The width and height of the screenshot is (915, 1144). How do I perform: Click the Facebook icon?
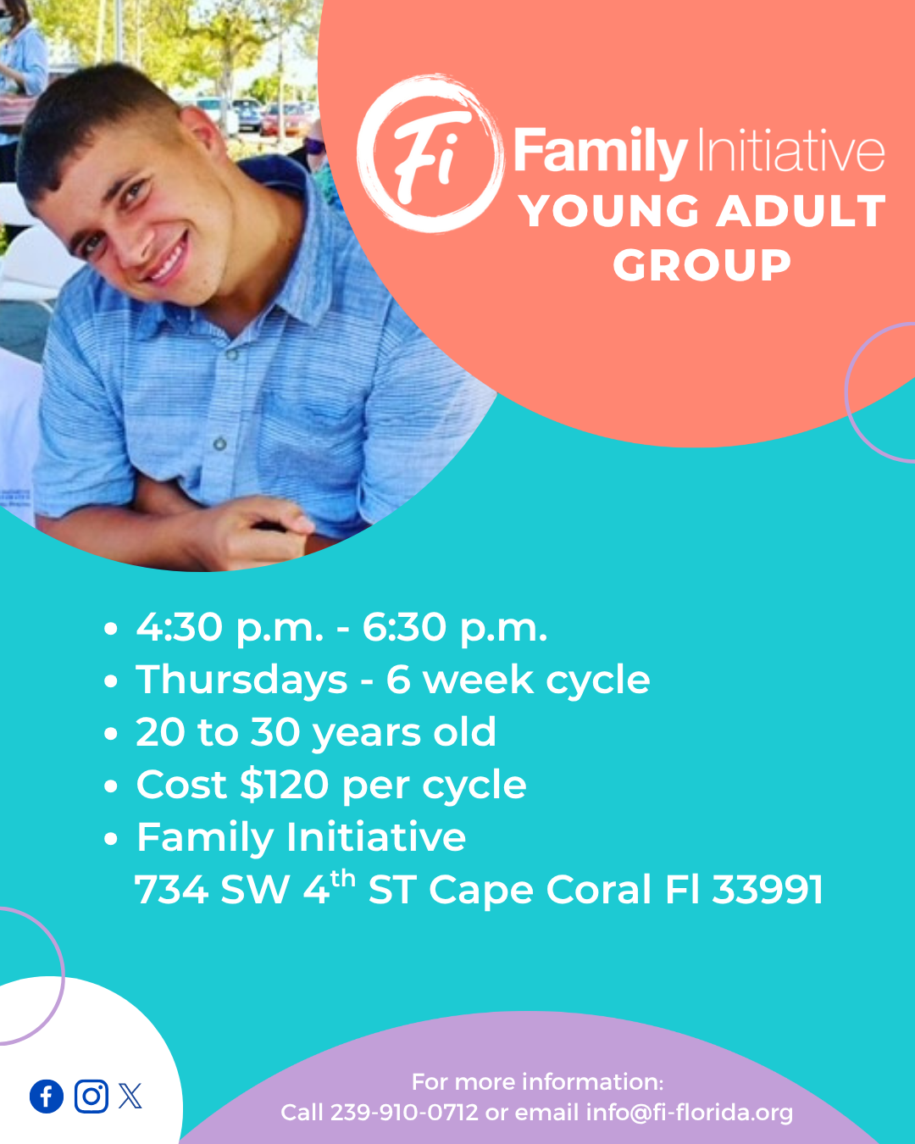click(x=47, y=1097)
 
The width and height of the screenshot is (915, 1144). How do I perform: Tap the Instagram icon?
click(x=91, y=1097)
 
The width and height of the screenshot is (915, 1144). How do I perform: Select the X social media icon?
click(x=130, y=1097)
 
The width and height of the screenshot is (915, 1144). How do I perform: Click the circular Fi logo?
click(x=430, y=153)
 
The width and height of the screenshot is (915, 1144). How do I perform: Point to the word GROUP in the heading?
click(x=702, y=264)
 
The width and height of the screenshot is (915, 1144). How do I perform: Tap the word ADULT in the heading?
click(x=801, y=211)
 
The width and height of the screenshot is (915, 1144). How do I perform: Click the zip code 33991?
click(x=768, y=890)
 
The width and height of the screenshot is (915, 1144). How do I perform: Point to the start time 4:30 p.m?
click(x=230, y=629)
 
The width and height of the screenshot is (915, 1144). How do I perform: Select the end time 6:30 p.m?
click(x=455, y=629)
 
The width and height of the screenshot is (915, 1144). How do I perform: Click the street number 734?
click(x=171, y=890)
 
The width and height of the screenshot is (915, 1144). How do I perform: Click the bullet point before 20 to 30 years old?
click(x=111, y=734)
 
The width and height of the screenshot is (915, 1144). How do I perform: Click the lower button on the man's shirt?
click(x=220, y=443)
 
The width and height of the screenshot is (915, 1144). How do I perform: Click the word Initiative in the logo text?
click(x=790, y=151)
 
